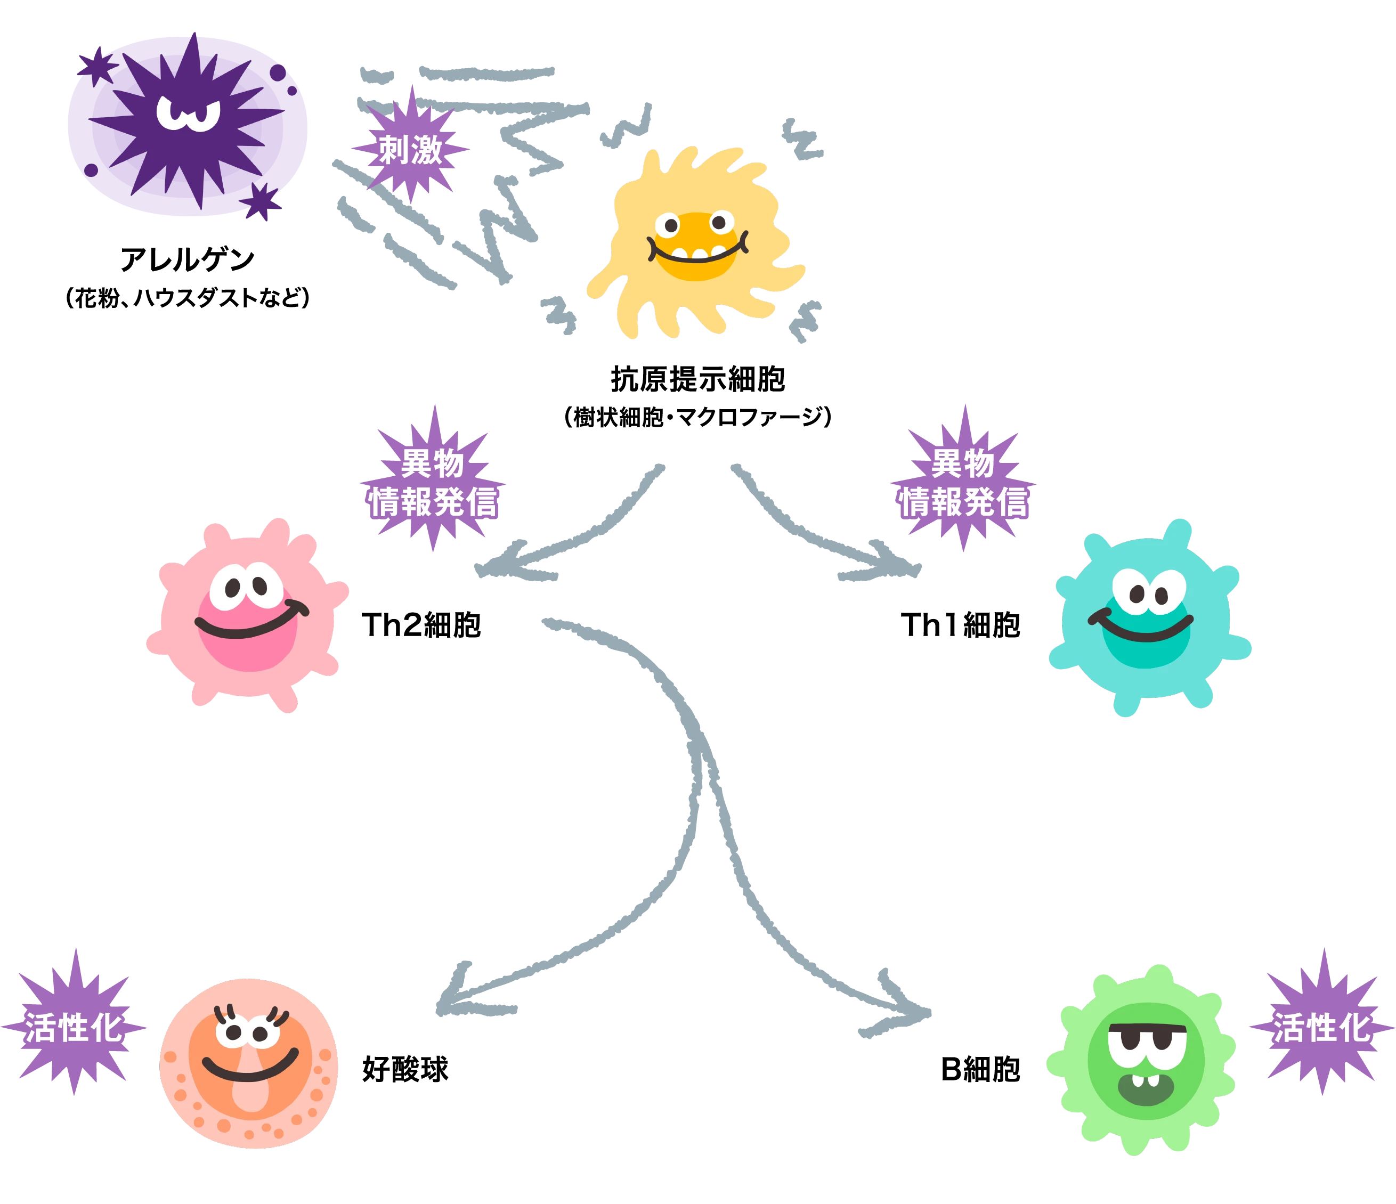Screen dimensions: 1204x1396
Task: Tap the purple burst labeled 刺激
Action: click(x=410, y=149)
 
